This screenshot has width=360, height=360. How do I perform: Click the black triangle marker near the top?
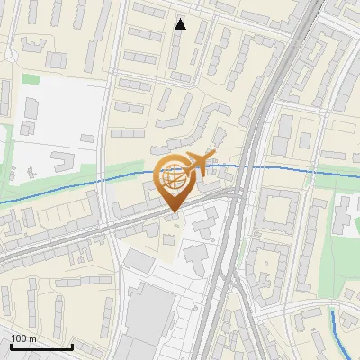coord(180,24)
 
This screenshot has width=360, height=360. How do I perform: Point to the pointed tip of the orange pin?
coord(174,212)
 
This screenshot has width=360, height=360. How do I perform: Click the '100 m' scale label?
coord(24,338)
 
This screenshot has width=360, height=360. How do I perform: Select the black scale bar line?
coord(41,346)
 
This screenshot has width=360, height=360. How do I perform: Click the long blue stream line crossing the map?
coord(72,190)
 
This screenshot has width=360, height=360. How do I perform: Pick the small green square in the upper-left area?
coord(31,79)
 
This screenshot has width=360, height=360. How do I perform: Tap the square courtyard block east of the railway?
coord(282,206)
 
